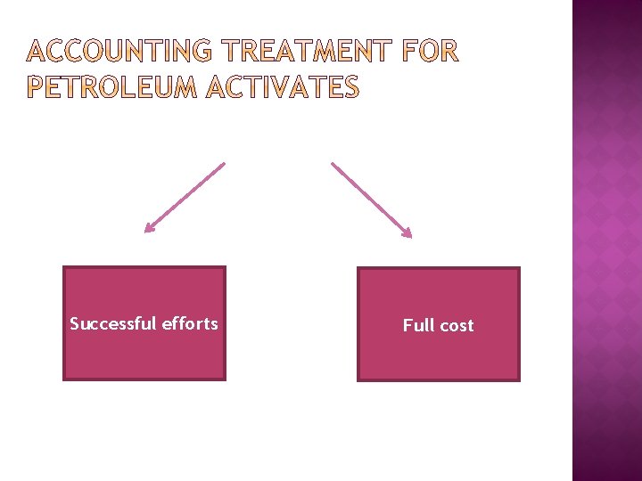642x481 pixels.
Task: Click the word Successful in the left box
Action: click(112, 323)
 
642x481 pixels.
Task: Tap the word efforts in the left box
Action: click(190, 323)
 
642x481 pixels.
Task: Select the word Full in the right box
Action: click(417, 325)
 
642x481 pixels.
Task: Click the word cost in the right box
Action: click(456, 325)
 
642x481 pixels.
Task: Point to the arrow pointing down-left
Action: click(185, 198)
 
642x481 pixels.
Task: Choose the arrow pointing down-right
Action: click(372, 200)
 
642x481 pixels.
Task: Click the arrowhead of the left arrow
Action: click(149, 230)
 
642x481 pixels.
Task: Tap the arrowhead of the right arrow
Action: click(407, 234)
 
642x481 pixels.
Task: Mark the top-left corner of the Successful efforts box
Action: click(64, 267)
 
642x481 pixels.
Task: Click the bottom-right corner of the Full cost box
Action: click(518, 380)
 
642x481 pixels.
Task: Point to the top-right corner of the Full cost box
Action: click(518, 269)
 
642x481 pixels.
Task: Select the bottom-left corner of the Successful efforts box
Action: click(64, 379)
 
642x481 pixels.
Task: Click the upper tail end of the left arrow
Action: click(224, 163)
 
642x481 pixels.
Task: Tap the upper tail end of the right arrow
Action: click(333, 163)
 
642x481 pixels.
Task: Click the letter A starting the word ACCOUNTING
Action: click(37, 53)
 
